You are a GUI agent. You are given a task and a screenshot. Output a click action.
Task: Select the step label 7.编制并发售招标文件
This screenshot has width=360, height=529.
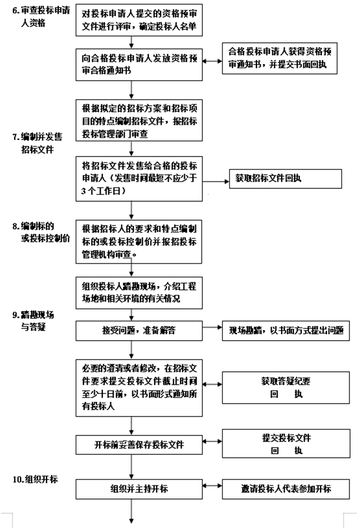click(x=37, y=143)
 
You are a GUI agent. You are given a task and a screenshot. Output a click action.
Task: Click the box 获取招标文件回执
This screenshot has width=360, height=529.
click(x=285, y=178)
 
